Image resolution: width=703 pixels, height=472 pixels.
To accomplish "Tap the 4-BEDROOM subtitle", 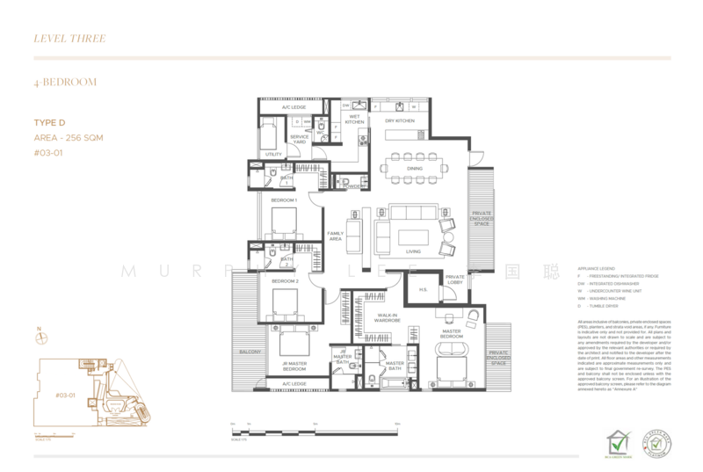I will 65,82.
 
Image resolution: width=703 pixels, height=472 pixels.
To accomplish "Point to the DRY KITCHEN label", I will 400,120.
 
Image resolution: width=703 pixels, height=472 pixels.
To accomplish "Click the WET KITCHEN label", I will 355,120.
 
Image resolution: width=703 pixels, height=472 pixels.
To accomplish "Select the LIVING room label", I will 413,251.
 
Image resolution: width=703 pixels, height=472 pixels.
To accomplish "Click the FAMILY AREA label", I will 335,235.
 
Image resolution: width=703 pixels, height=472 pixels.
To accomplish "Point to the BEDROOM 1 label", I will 284,200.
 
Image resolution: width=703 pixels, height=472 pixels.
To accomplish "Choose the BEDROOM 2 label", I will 285,280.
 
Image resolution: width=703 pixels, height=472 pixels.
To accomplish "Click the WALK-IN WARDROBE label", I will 387,317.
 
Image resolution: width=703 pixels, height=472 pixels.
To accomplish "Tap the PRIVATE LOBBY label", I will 454,280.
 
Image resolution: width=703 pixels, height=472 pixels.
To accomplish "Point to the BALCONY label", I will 249,352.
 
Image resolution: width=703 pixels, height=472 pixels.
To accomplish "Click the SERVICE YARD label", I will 300,140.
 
